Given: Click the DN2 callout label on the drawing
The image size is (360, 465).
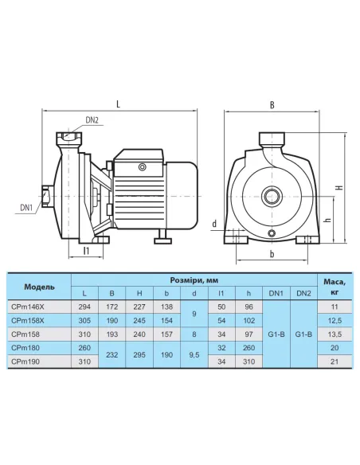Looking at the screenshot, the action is tap(92, 120).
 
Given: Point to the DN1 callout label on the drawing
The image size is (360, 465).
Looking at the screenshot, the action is tap(26, 208).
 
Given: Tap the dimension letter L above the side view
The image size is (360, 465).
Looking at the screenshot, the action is tap(119, 104).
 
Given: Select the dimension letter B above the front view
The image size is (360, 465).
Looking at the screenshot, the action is tap(272, 105).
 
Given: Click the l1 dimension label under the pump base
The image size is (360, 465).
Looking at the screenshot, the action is tap(86, 251).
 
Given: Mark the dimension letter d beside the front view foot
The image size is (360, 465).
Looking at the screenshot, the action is tap(214, 224).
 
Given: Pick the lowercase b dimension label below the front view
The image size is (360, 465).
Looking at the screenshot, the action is tap(272, 254).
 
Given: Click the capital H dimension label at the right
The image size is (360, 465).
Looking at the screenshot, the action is tap(339, 187).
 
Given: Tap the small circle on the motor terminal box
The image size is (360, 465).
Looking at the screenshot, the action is tap(143, 167).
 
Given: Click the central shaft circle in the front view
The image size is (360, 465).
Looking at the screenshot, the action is tap(272, 197).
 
